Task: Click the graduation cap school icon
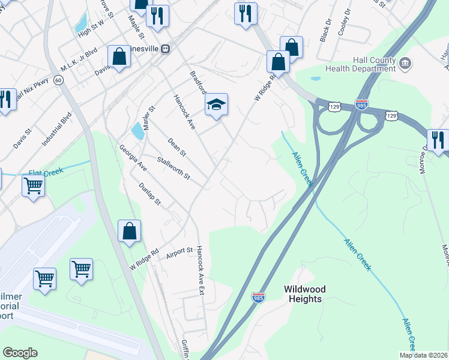pyautogui.click(x=216, y=105)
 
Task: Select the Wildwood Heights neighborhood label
pyautogui.click(x=303, y=293)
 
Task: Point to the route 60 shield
pyautogui.click(x=58, y=79)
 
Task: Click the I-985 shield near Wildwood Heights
pyautogui.click(x=258, y=298)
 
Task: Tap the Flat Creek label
pyautogui.click(x=46, y=172)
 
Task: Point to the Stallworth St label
pyautogui.click(x=173, y=169)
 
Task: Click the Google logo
pyautogui.click(x=20, y=353)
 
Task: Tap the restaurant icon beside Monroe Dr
pyautogui.click(x=438, y=141)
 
